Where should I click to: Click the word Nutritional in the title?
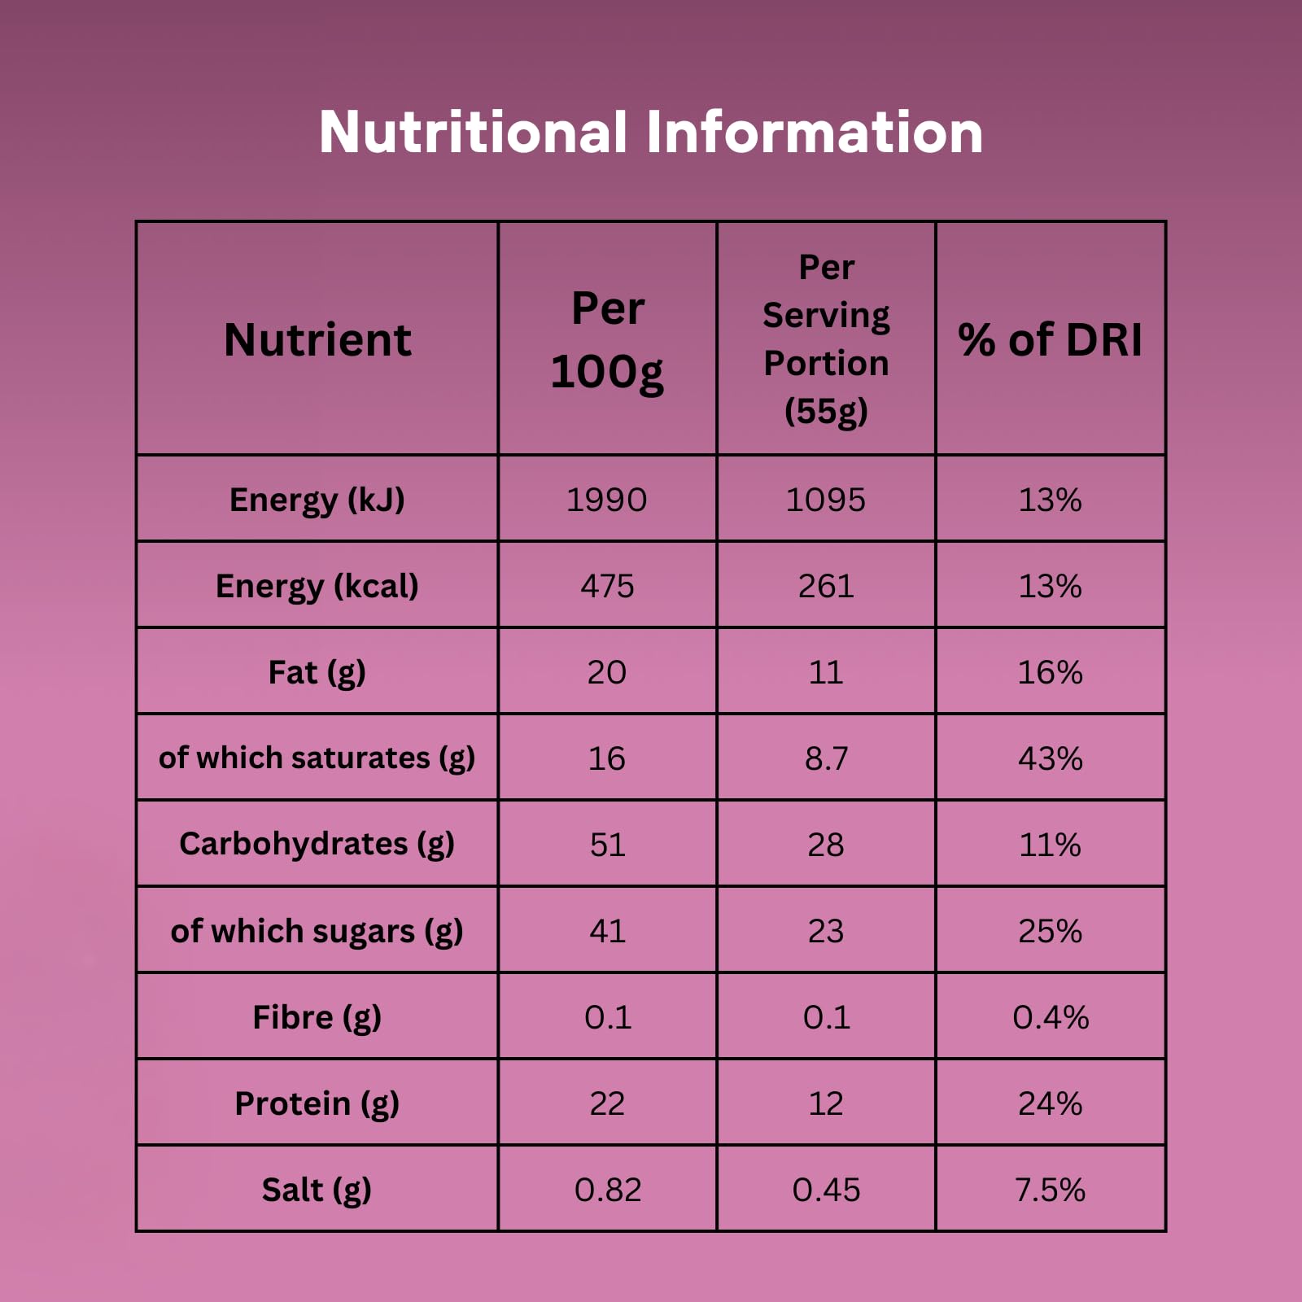(473, 132)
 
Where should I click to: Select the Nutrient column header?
(317, 339)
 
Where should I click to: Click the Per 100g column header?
(607, 339)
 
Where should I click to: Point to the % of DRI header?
(1050, 339)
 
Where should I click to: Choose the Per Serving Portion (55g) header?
(826, 339)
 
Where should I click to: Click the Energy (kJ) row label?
(317, 500)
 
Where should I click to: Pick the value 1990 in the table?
(607, 500)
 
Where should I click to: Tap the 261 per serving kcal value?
(826, 586)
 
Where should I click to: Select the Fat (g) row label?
(317, 672)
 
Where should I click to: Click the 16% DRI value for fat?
(1050, 672)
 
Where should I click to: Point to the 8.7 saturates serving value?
(826, 758)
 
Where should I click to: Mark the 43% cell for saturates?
(1050, 758)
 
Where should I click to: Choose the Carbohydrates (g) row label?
(317, 845)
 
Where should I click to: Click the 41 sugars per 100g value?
(607, 931)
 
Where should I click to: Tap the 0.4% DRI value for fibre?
(1050, 1017)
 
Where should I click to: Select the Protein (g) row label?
(317, 1103)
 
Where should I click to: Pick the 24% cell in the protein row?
(1050, 1103)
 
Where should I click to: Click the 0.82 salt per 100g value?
(607, 1190)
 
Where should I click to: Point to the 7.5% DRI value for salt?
(1050, 1190)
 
